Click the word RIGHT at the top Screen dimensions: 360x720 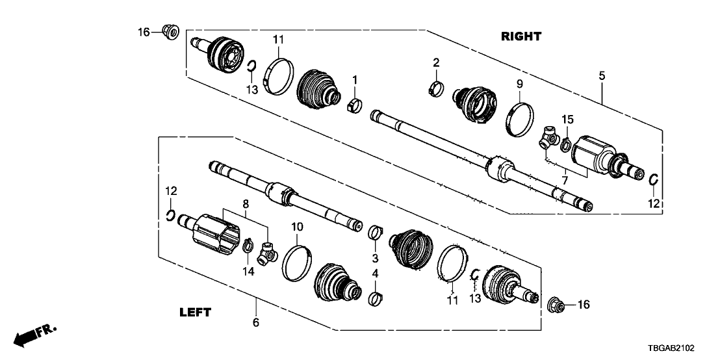click(x=521, y=36)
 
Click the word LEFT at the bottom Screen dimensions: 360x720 click(x=194, y=313)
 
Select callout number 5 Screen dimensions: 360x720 click(x=602, y=76)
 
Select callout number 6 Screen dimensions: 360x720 click(x=255, y=322)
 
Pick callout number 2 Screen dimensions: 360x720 click(x=437, y=62)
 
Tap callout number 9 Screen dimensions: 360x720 click(x=519, y=84)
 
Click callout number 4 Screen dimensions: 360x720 click(x=375, y=274)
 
